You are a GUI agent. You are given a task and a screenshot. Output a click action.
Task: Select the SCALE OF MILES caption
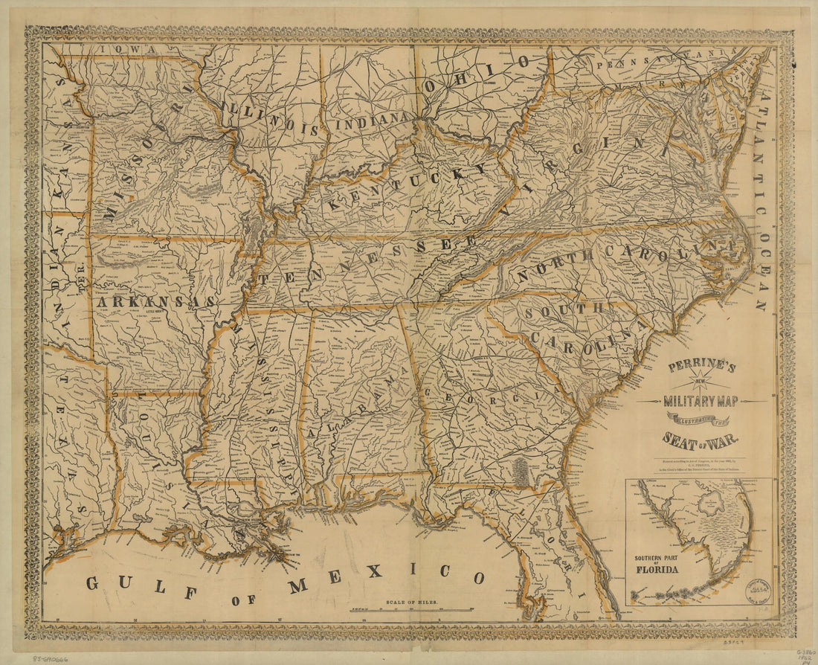(x=412, y=600)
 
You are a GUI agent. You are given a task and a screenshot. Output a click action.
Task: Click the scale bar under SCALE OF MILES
(x=412, y=609)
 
